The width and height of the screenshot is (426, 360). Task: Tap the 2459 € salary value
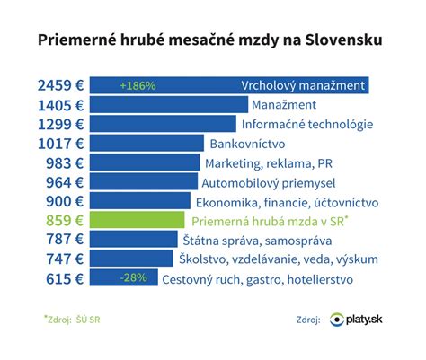(61, 85)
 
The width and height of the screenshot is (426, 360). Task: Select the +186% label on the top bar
(138, 86)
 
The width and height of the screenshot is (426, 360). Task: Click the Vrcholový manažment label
(304, 86)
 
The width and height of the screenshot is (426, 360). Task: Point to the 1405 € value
(61, 105)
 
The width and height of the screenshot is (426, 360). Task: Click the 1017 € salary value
(61, 144)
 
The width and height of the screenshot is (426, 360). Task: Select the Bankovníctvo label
(250, 144)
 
